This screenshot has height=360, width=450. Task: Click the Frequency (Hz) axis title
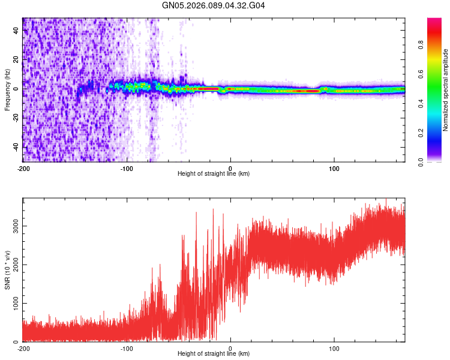7,90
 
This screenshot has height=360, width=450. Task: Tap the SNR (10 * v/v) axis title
7,270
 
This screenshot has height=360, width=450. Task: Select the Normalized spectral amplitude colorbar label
446,90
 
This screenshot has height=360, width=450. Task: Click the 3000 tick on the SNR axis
13,226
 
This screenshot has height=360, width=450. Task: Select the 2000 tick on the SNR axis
13,264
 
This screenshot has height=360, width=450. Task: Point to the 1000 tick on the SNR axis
13,303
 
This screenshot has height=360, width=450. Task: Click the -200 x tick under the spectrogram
23,169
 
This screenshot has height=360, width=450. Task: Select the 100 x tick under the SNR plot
334,348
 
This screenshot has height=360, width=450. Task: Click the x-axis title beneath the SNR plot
214,354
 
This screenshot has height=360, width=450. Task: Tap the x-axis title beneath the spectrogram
214,174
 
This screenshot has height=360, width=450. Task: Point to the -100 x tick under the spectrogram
127,169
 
